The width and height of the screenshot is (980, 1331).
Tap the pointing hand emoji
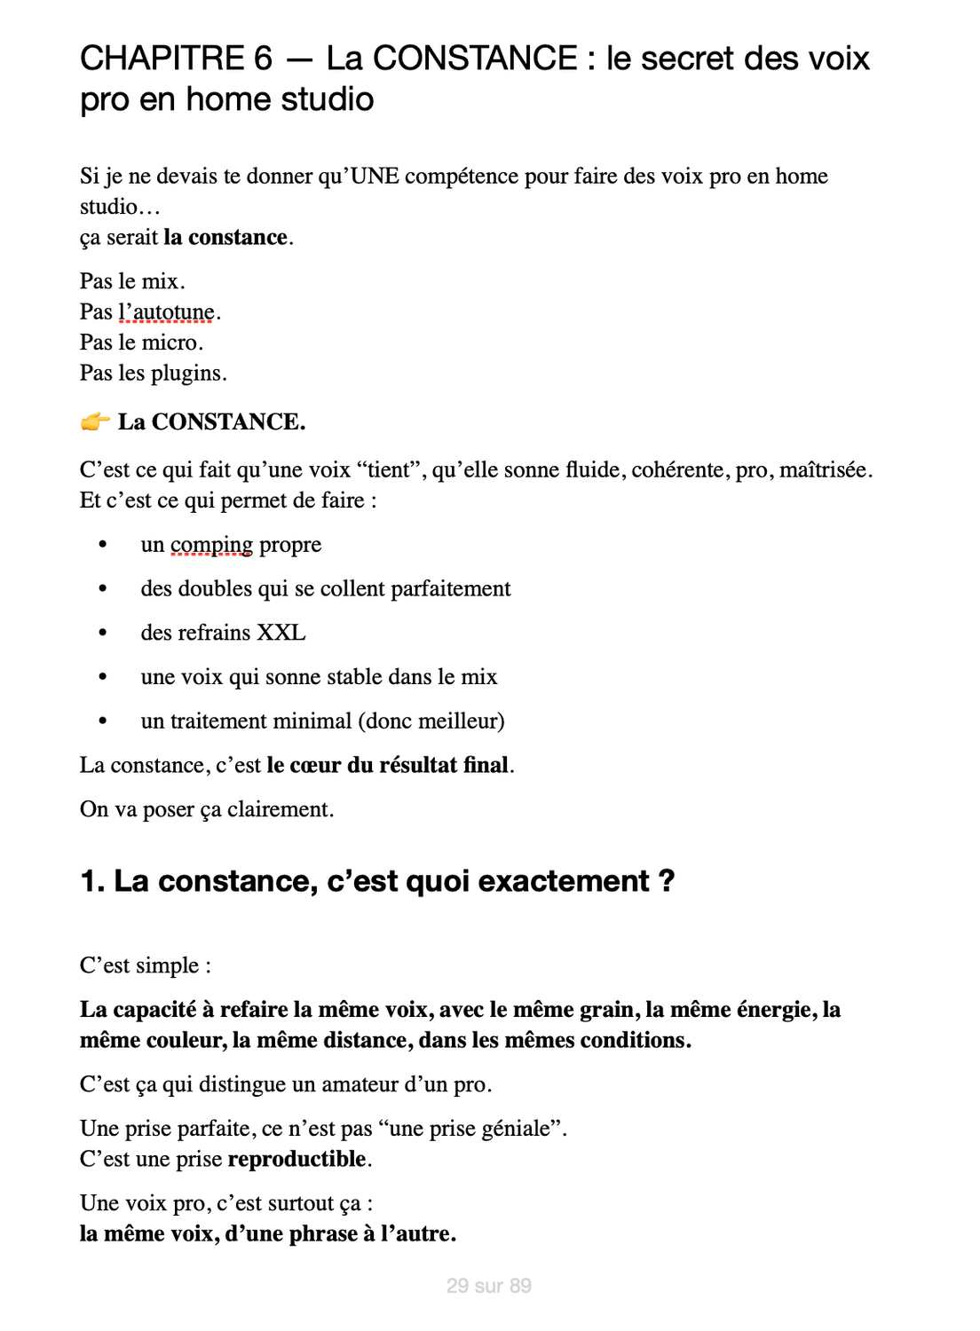pos(95,422)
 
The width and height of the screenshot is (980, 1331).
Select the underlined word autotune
pos(174,312)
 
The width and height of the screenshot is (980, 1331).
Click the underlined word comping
pos(211,545)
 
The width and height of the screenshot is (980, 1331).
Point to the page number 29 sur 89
pos(489,1286)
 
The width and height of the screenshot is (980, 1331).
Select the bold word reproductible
pos(297,1159)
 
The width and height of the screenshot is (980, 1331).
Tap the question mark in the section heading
pos(667,881)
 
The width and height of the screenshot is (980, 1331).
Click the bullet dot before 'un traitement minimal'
pos(103,721)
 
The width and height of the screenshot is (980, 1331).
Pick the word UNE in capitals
pos(375,176)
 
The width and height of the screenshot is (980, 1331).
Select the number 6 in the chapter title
pos(263,59)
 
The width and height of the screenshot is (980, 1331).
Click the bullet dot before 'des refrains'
pos(103,633)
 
